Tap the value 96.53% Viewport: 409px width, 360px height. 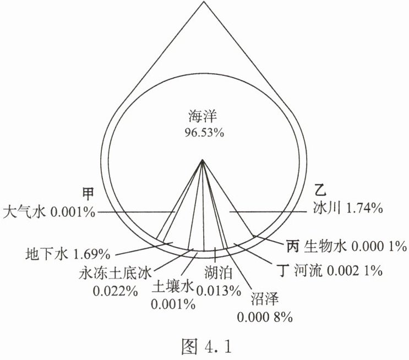coord(202,132)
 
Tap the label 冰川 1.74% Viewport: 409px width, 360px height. coord(344,208)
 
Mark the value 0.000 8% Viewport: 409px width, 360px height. coord(265,318)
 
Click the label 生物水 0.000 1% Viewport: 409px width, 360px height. coord(356,244)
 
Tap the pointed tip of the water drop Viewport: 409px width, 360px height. coord(203,3)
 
